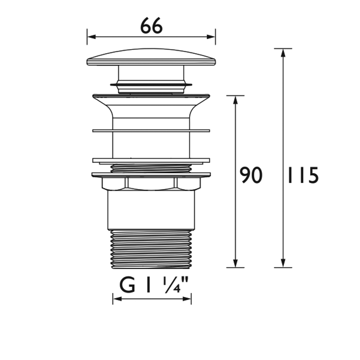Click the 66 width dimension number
(151, 27)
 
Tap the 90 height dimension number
(251, 175)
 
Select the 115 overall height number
(302, 175)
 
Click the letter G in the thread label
(127, 285)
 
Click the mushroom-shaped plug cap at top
(151, 57)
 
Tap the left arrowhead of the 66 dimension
(90, 37)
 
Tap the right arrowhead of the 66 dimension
(212, 37)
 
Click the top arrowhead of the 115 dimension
(283, 52)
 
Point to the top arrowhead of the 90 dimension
(235, 99)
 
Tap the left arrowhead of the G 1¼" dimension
(116, 299)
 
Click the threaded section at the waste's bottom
(151, 249)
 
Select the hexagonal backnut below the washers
(151, 183)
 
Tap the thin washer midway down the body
(151, 131)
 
